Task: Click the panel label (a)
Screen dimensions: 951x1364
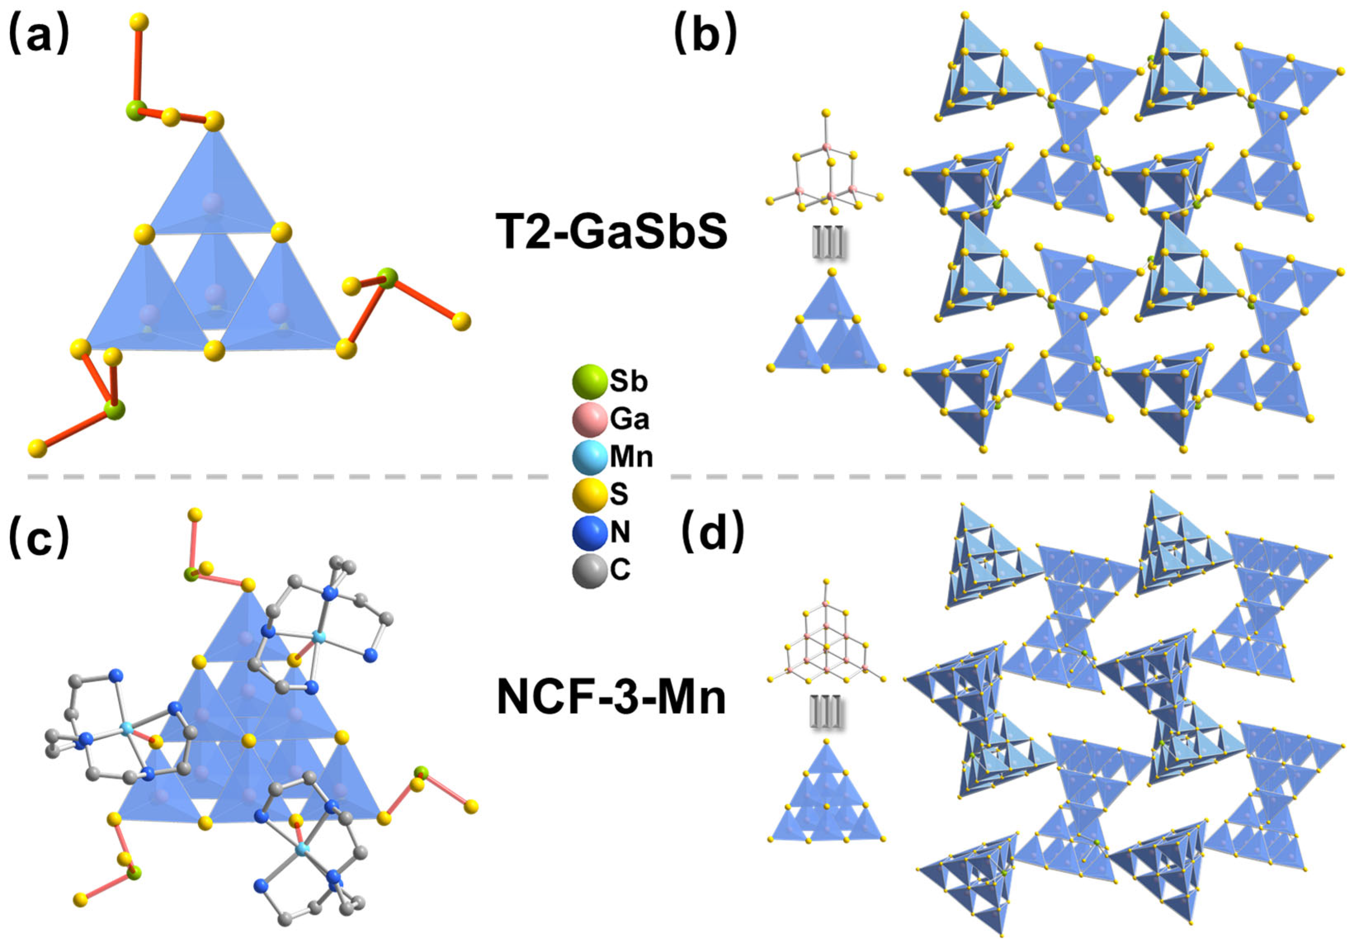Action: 39,35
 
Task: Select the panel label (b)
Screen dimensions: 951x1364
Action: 705,35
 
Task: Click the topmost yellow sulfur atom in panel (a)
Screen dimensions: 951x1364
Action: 139,23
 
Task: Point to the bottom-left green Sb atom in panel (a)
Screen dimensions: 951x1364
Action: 114,409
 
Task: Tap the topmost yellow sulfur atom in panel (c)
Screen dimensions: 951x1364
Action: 194,515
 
